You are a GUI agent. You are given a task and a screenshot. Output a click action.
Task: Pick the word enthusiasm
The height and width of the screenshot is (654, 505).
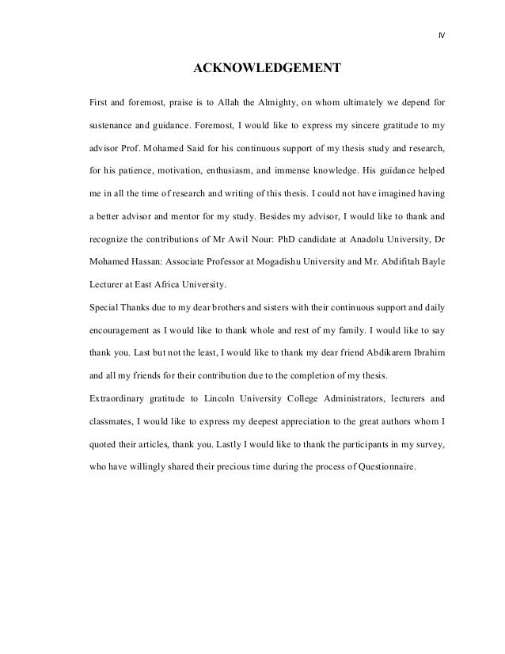[230, 170]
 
